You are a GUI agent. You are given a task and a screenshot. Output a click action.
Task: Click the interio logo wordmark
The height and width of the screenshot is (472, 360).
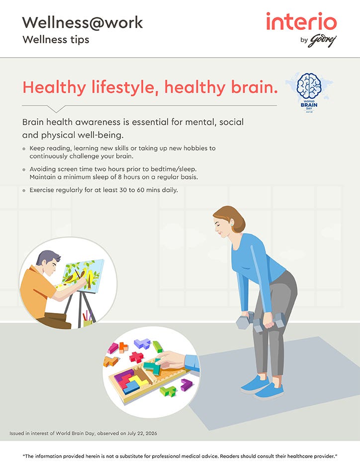click(301, 21)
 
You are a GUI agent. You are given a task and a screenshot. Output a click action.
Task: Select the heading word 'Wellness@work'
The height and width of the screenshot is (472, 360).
click(82, 23)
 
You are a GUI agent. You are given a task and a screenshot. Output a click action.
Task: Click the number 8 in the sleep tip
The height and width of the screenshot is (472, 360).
click(120, 177)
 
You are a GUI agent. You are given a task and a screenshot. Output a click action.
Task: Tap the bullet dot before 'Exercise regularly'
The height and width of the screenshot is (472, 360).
click(24, 191)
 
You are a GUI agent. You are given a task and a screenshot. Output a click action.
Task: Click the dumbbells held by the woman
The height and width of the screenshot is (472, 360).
click(261, 321)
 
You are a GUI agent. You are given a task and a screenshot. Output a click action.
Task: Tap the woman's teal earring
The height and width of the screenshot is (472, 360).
click(232, 224)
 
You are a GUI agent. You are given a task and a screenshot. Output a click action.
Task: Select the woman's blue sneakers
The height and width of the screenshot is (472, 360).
click(263, 388)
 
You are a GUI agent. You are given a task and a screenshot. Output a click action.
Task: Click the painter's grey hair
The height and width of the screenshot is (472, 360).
click(48, 257)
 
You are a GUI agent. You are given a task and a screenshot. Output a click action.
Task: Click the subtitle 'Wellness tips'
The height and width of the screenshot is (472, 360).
click(56, 40)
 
